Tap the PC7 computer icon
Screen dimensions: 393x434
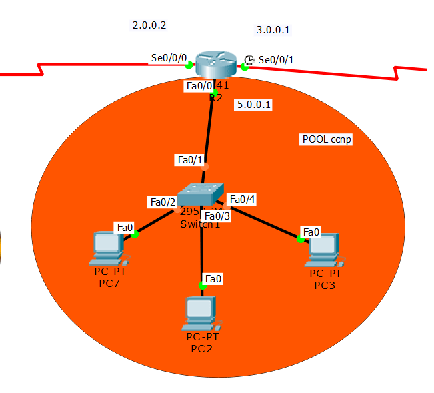[x=107, y=246]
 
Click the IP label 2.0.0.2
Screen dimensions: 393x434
[x=149, y=25]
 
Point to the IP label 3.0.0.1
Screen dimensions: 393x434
[x=273, y=29]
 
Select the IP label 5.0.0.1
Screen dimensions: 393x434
[x=254, y=105]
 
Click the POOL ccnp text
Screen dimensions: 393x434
[x=327, y=139]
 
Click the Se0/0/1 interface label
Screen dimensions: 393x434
[x=276, y=59]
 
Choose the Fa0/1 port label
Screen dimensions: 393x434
[x=188, y=160]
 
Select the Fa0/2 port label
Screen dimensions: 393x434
[x=163, y=202]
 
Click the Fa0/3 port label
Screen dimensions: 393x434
[x=217, y=216]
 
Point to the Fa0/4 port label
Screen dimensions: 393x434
[x=241, y=199]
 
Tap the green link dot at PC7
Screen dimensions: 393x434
[x=135, y=234]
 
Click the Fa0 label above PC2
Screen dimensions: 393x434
[x=213, y=278]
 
